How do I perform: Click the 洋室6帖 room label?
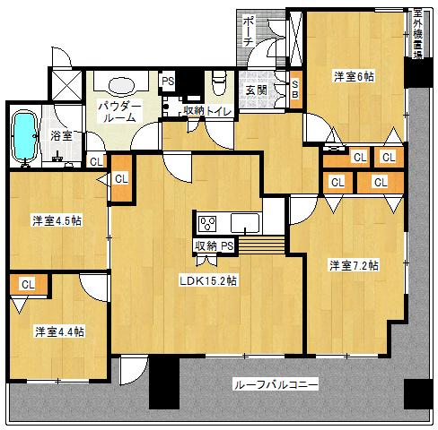coord(354,77)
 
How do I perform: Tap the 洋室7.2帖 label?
coord(353,265)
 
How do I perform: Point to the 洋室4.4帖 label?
coord(59,331)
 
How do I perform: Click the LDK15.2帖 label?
coord(207,280)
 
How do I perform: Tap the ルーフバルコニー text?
coord(276,385)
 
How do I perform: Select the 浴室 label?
coord(61,136)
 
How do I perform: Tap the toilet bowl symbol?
coord(218,85)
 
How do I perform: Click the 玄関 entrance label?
coord(255,90)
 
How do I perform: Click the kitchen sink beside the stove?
coord(243,223)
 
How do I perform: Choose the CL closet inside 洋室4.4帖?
coord(28,284)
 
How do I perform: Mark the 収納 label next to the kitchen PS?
coord(205,245)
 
